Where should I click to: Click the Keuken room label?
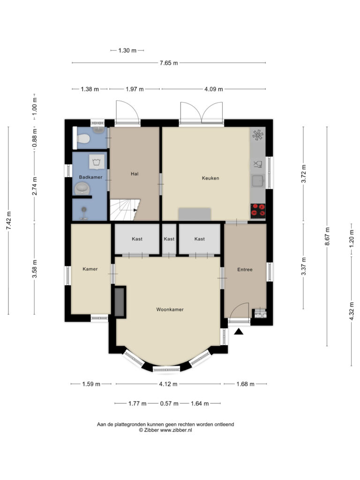210,178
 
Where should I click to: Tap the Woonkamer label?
170,309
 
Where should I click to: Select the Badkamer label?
90,177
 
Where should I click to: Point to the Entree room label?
245,270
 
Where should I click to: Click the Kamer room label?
90,269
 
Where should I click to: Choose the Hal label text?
135,174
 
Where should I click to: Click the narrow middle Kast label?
169,239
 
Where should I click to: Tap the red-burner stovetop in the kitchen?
258,211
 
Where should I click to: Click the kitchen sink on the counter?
258,181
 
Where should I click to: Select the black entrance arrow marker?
239,331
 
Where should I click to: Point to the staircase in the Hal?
125,210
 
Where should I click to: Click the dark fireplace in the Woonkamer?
120,302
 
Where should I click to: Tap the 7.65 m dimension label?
169,63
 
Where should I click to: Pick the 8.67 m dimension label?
327,236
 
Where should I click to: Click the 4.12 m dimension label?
168,384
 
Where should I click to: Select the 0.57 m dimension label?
169,404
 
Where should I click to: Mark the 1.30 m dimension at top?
127,51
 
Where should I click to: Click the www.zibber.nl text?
176,430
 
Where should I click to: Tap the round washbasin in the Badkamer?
82,188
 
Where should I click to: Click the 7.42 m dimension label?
8,220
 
